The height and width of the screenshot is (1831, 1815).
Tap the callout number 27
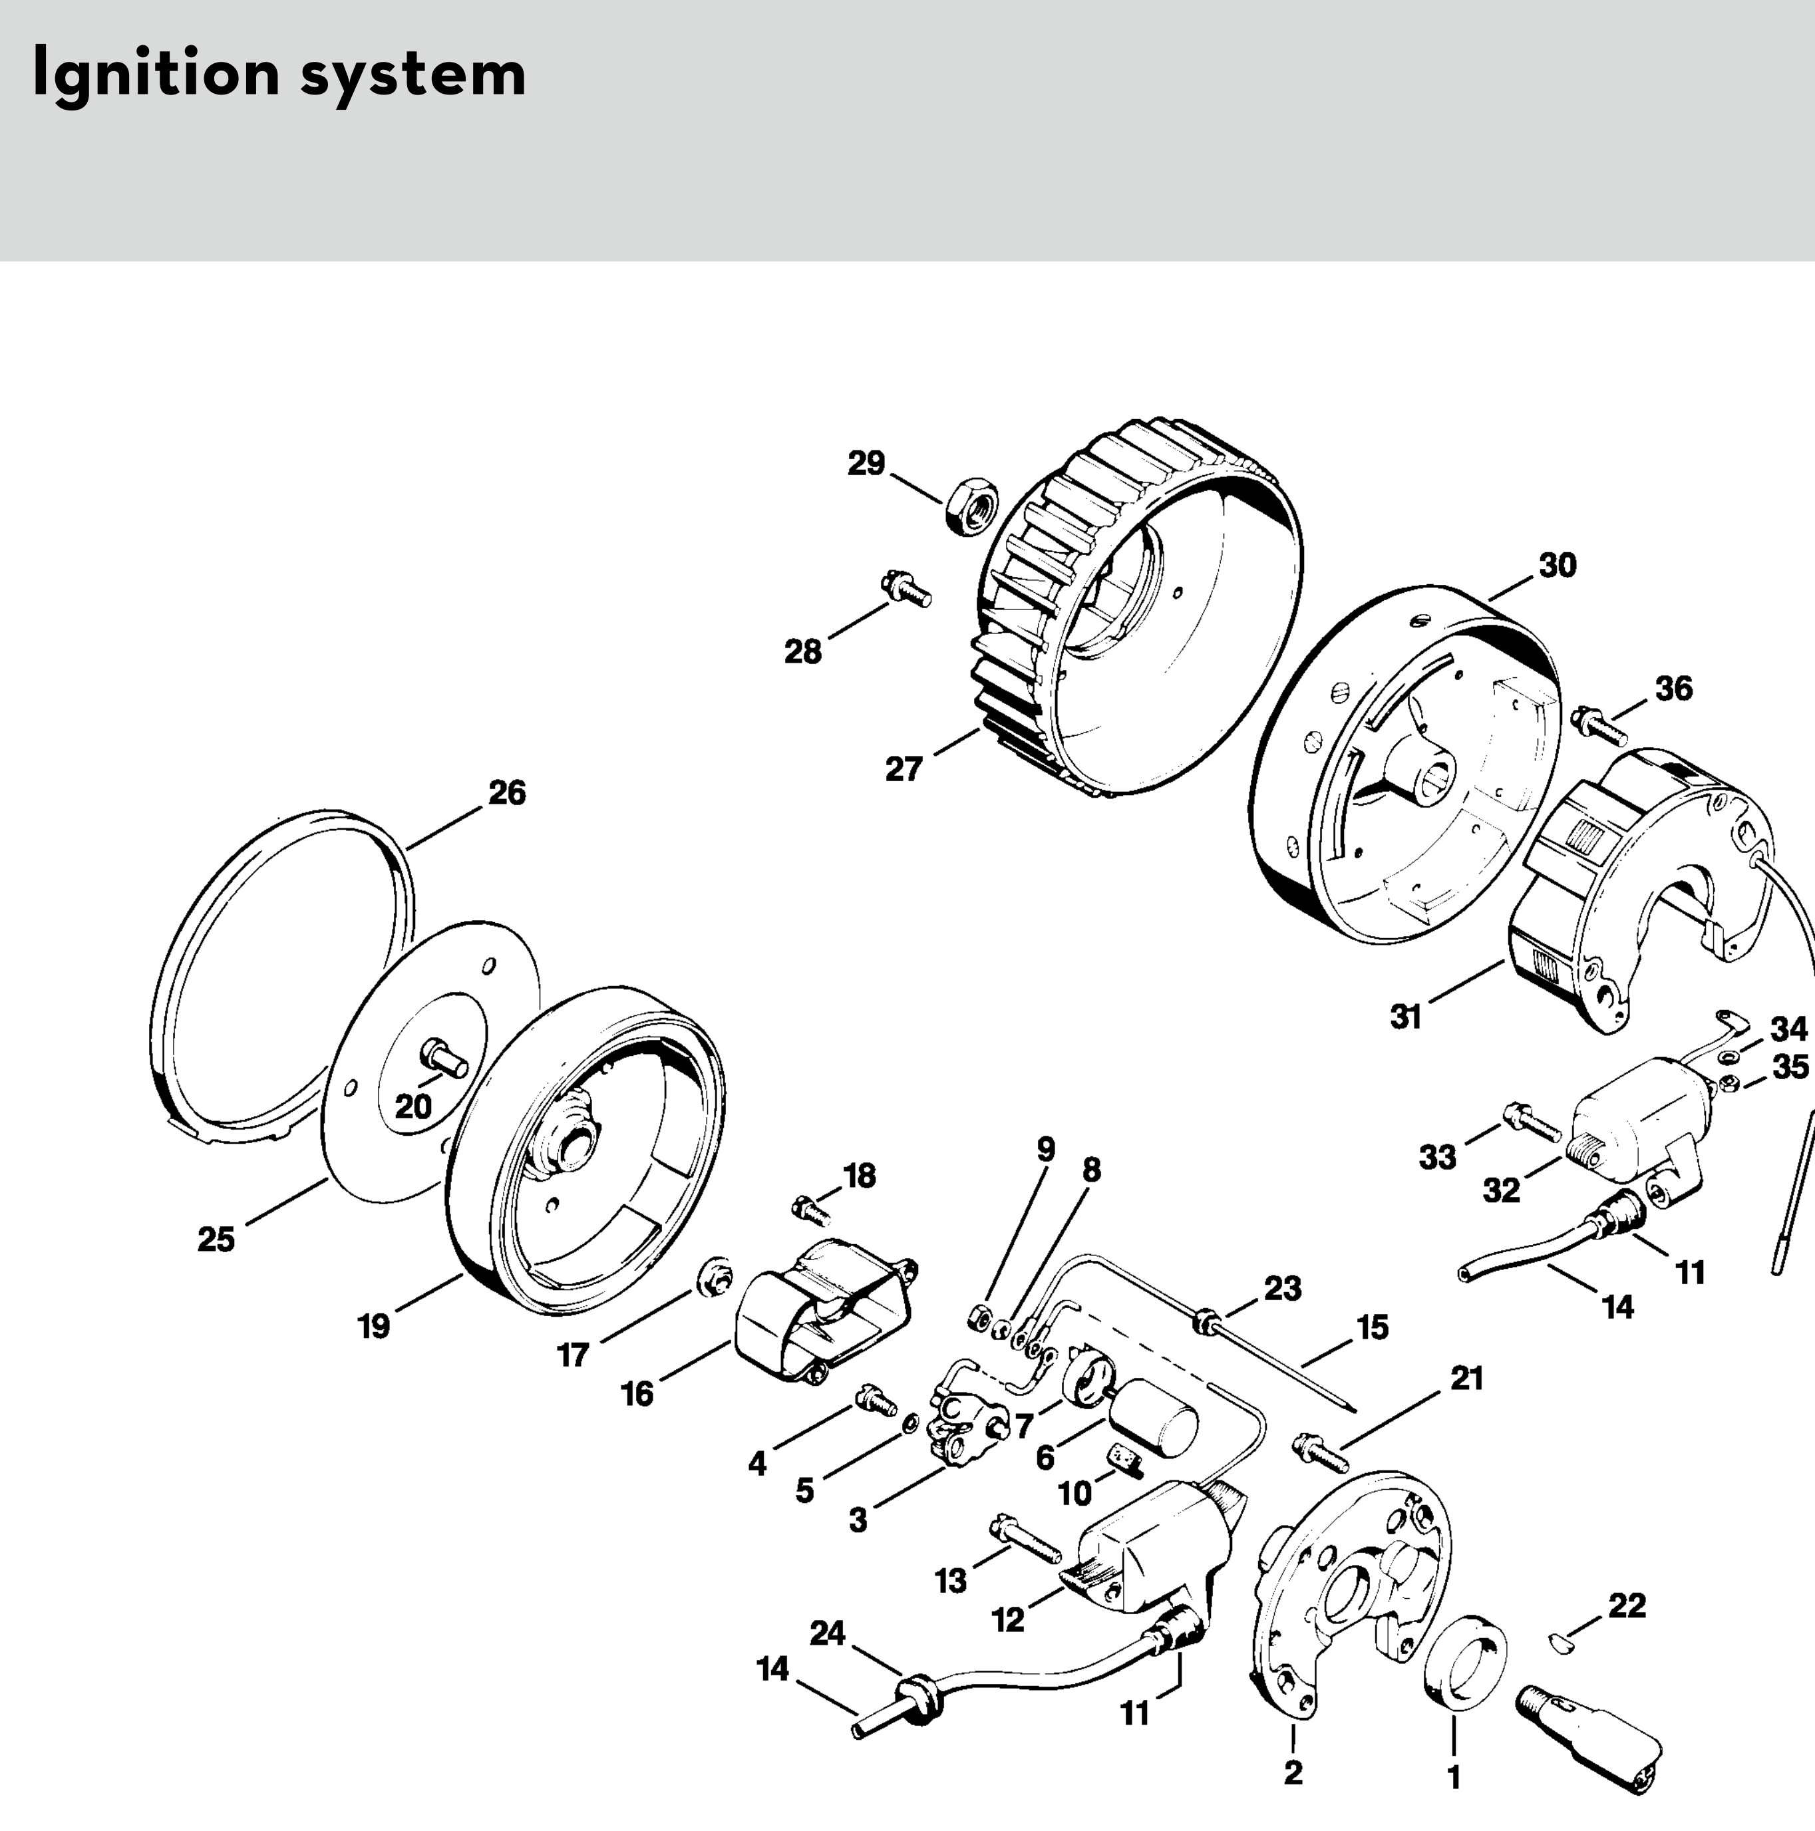click(904, 768)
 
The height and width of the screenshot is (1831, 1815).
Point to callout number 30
click(1558, 565)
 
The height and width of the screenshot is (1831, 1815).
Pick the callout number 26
click(506, 792)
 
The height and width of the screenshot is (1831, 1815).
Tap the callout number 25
click(216, 1239)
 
